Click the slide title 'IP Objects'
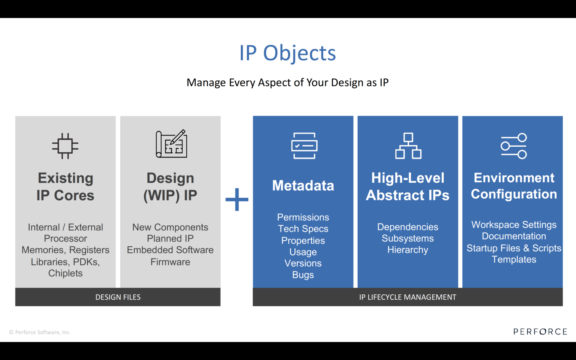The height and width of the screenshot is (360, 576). (x=288, y=53)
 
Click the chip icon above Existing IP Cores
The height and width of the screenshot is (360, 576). (x=65, y=146)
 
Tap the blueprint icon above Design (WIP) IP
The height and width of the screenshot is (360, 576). (x=171, y=144)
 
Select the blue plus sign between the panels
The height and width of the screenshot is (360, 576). (x=237, y=199)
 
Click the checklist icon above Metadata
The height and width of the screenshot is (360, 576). (x=304, y=146)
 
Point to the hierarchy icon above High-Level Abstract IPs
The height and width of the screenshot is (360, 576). (x=408, y=146)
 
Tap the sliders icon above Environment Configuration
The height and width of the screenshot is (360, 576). (x=514, y=146)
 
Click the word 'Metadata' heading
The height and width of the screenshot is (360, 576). (x=303, y=186)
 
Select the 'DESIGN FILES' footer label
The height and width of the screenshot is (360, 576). (x=118, y=297)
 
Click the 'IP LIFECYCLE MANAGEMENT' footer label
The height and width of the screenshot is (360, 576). (x=408, y=297)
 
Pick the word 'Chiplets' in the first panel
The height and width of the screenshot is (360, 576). (x=65, y=273)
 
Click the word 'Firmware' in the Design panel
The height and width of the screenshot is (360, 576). (x=170, y=262)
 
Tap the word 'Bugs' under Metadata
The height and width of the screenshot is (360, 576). (x=303, y=275)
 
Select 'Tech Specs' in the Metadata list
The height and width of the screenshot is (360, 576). (x=303, y=229)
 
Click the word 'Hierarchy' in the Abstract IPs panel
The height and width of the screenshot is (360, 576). (x=408, y=250)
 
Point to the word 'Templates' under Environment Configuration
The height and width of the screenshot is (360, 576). (x=514, y=259)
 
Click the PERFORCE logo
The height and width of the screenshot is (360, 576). (x=540, y=331)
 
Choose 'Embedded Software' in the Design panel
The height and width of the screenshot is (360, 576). (x=170, y=250)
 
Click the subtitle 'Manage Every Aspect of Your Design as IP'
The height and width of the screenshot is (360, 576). (x=288, y=82)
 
